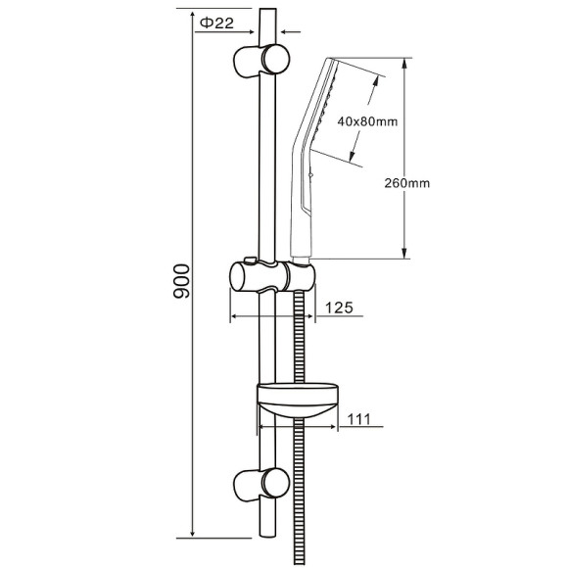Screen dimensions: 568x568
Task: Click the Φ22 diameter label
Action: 217,24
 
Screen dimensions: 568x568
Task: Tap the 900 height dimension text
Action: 181,281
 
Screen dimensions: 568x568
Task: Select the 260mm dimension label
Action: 407,183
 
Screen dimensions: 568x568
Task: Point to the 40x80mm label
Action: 367,121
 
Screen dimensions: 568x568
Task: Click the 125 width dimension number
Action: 339,308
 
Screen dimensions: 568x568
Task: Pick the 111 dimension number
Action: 359,419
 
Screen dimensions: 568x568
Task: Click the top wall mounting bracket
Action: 261,61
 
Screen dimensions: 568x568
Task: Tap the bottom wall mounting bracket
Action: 261,485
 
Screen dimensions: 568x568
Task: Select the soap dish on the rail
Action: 298,400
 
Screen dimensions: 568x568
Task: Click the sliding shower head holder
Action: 272,276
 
